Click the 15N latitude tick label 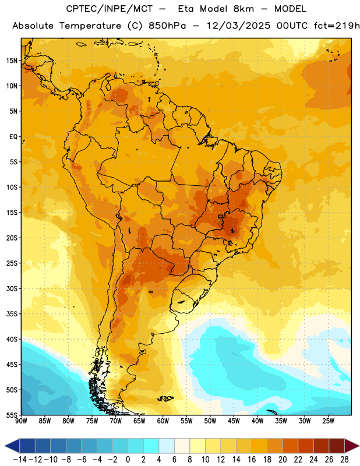[12, 61]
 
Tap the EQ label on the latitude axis [13, 137]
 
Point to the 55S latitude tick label [12, 415]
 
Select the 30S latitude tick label [12, 288]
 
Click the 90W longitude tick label [21, 421]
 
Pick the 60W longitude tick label [163, 421]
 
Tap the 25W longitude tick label [328, 421]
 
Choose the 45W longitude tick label [234, 421]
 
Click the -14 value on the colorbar [20, 460]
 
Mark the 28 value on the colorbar [344, 460]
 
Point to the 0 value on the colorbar [128, 460]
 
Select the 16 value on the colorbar [252, 460]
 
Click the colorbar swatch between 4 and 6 [167, 446]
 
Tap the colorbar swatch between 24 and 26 [321, 446]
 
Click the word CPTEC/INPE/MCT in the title [109, 9]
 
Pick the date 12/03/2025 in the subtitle [238, 26]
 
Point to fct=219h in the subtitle [337, 26]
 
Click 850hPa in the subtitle [167, 26]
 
